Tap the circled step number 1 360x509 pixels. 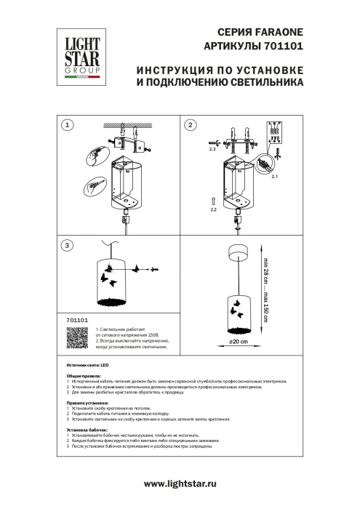(68, 125)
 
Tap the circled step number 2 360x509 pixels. (191, 125)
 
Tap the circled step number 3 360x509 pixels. (68, 245)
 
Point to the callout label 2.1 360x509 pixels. (274, 176)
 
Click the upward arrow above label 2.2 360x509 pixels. (212, 199)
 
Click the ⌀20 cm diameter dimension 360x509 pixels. (239, 340)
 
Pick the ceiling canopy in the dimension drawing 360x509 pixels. (239, 252)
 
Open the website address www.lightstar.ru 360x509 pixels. (180, 484)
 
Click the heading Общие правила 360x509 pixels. (84, 375)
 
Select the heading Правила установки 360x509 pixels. (87, 403)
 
